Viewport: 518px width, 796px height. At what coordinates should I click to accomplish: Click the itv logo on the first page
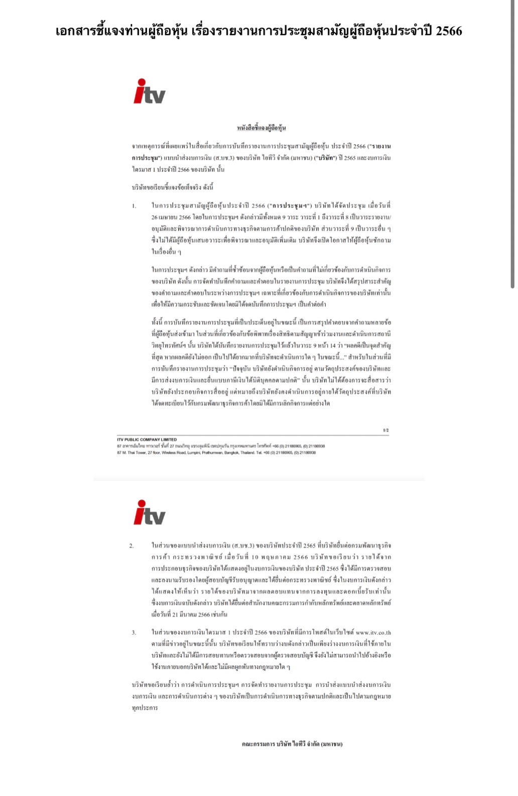tap(149, 92)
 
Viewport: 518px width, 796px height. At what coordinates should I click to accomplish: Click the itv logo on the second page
tap(149, 513)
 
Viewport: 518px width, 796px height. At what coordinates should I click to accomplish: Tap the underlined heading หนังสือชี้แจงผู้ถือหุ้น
tap(261, 128)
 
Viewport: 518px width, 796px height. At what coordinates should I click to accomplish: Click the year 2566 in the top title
tap(449, 31)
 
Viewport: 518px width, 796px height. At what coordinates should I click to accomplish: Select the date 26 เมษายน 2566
tap(171, 218)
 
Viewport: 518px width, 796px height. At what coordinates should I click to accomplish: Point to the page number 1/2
tap(385, 430)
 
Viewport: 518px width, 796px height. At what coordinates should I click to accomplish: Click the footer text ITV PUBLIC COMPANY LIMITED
tap(147, 440)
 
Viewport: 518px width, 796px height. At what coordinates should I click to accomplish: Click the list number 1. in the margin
tap(134, 206)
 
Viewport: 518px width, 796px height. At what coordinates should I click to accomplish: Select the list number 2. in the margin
tap(132, 546)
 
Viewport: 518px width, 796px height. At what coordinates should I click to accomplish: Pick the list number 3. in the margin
tap(134, 633)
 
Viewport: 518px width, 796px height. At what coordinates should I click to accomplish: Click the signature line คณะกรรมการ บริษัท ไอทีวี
tap(292, 744)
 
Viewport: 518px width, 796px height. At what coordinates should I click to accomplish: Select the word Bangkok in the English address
tap(231, 453)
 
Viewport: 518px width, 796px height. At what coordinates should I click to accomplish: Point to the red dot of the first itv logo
tap(142, 82)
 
